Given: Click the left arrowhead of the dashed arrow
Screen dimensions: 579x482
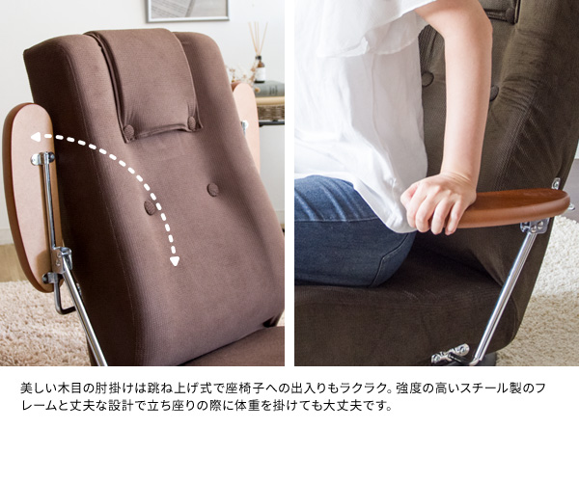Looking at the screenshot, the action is pyautogui.click(x=36, y=138).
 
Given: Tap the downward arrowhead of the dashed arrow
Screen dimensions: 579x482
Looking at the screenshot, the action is pyautogui.click(x=175, y=261).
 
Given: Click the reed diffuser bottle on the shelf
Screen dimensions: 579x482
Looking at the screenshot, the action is pyautogui.click(x=260, y=69).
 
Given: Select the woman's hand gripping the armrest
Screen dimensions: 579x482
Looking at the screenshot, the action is pyautogui.click(x=437, y=202).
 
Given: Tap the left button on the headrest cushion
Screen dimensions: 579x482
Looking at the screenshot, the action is pyautogui.click(x=129, y=130).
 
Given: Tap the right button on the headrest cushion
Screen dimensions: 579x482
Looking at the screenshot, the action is pyautogui.click(x=192, y=121).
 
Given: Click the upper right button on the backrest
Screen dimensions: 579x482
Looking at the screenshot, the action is pyautogui.click(x=213, y=189).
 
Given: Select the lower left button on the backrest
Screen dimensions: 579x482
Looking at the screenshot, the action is pyautogui.click(x=149, y=208).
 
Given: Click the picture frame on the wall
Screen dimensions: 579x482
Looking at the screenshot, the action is pyautogui.click(x=187, y=11).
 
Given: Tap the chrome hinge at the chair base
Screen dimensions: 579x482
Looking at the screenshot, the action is pyautogui.click(x=451, y=353).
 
